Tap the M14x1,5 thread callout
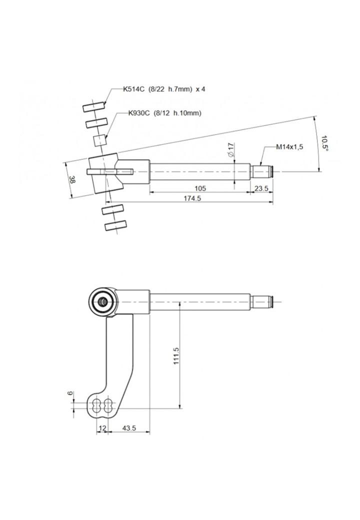click(289, 147)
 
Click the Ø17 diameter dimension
click(230, 149)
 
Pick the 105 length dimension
click(200, 188)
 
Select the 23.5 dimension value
click(261, 188)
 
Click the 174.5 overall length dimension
click(192, 198)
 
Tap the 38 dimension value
click(71, 180)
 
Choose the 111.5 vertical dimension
click(176, 356)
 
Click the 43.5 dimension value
click(129, 428)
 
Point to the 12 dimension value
click(102, 428)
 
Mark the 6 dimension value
click(69, 393)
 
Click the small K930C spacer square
click(100, 140)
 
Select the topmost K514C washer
click(94, 107)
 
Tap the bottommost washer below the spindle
click(115, 225)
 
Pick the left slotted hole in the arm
click(97, 405)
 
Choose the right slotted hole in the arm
click(108, 405)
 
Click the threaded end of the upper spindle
click(262, 171)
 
